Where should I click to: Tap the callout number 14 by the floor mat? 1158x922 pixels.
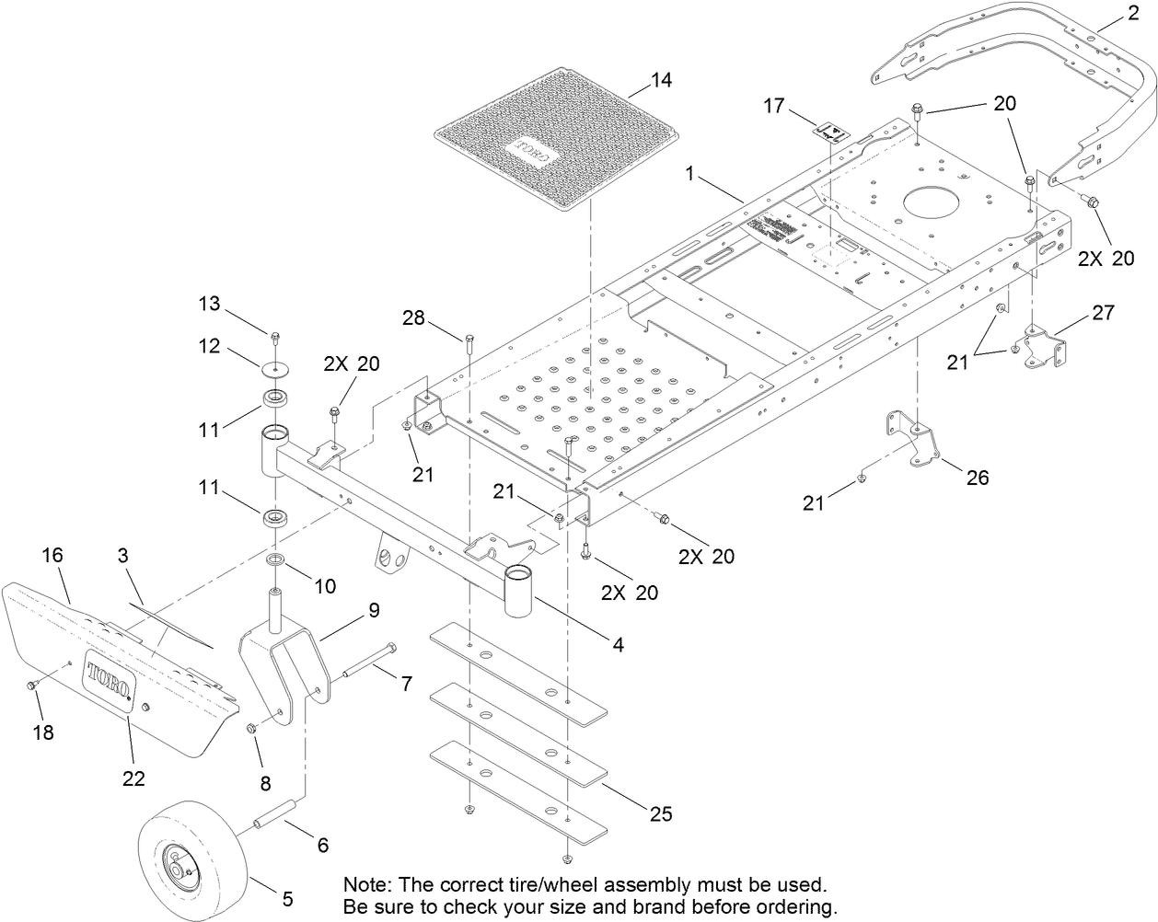661,80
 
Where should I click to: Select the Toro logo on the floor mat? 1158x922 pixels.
530,151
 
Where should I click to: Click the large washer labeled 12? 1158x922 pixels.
274,369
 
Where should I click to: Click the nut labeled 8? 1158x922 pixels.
250,729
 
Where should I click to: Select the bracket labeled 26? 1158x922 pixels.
911,442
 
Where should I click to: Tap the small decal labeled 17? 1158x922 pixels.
830,131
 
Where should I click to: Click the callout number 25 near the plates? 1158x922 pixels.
660,813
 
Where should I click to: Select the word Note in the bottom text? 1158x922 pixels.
365,884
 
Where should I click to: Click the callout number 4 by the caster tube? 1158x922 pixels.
620,645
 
